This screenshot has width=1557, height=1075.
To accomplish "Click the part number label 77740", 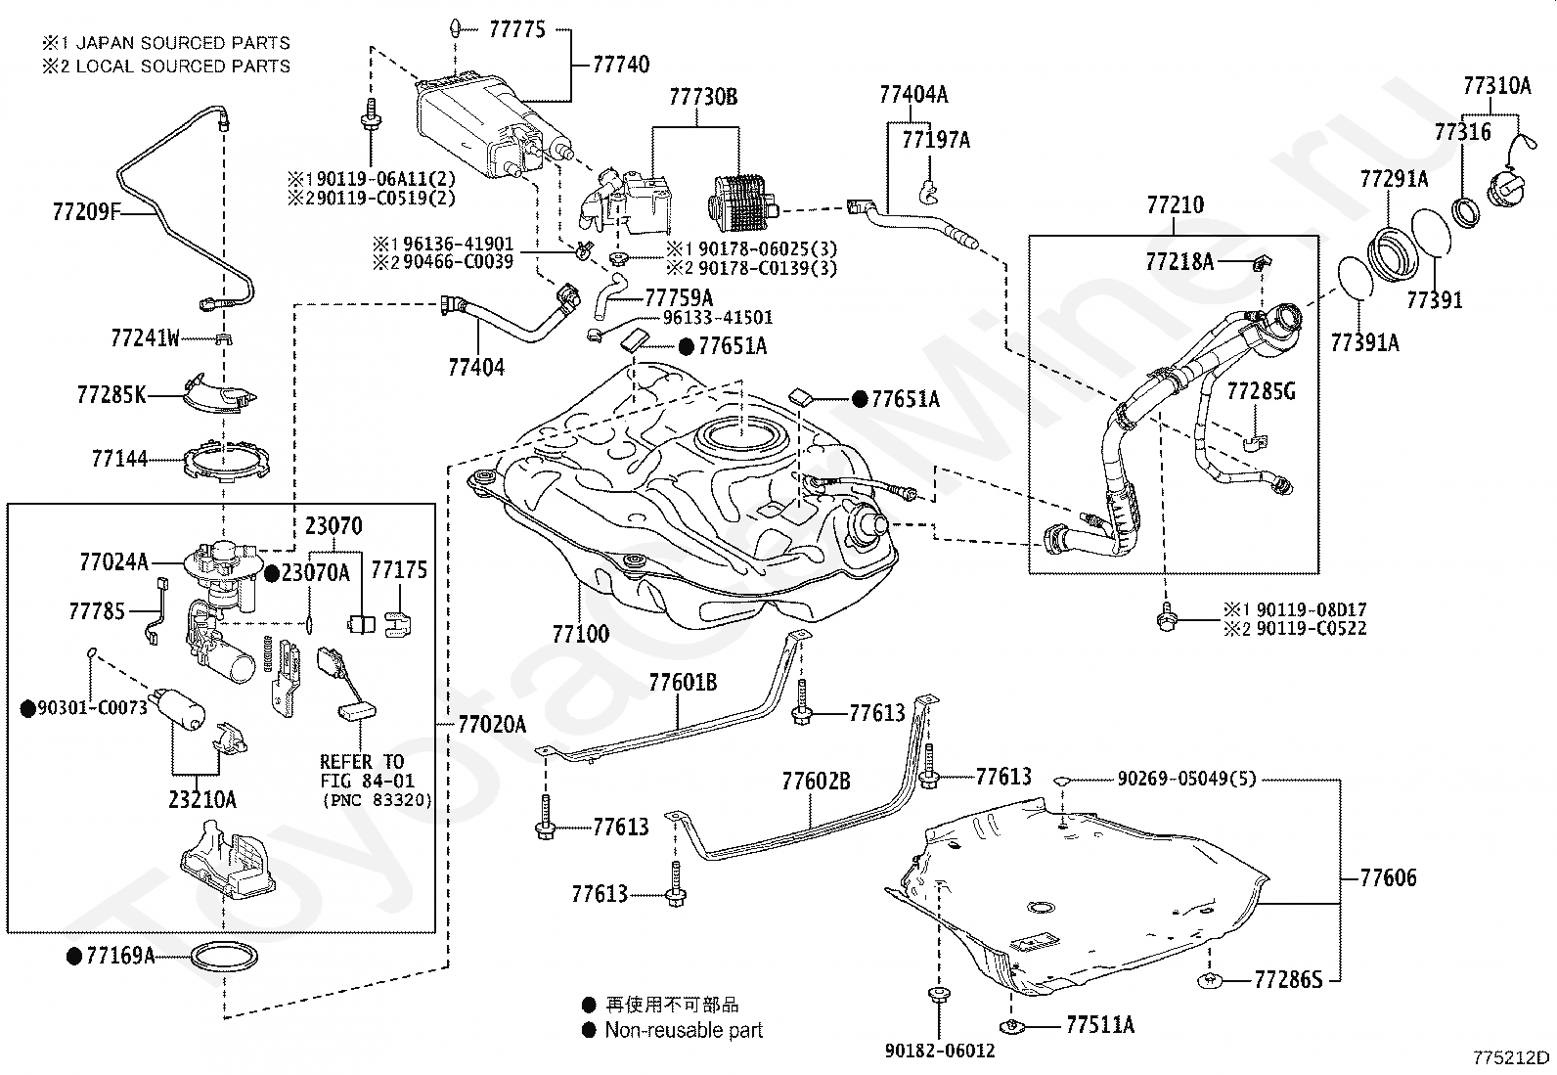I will [621, 66].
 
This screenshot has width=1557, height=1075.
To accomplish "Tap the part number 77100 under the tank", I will [580, 634].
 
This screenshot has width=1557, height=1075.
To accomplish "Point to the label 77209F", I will [85, 209].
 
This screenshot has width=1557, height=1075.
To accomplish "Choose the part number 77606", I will [1388, 878].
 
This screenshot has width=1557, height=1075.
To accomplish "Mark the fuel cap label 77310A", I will [1496, 86].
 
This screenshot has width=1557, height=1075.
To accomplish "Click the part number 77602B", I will [816, 782].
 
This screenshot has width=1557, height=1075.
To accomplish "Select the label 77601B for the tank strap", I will [683, 682].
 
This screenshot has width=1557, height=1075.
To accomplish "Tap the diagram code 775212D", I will [1512, 1056].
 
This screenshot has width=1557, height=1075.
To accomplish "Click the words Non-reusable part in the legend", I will [684, 1030].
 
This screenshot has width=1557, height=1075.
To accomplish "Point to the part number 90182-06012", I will [939, 1051].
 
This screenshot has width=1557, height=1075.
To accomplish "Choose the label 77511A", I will [1100, 1025].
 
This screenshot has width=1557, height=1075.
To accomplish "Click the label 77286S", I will [1288, 978].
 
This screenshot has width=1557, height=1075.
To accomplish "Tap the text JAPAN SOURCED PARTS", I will [183, 43].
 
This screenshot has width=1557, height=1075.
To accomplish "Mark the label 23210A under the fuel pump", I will [202, 799].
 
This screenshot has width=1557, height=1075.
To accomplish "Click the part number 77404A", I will [913, 95].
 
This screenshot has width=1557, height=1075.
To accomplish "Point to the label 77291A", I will [1394, 179].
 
